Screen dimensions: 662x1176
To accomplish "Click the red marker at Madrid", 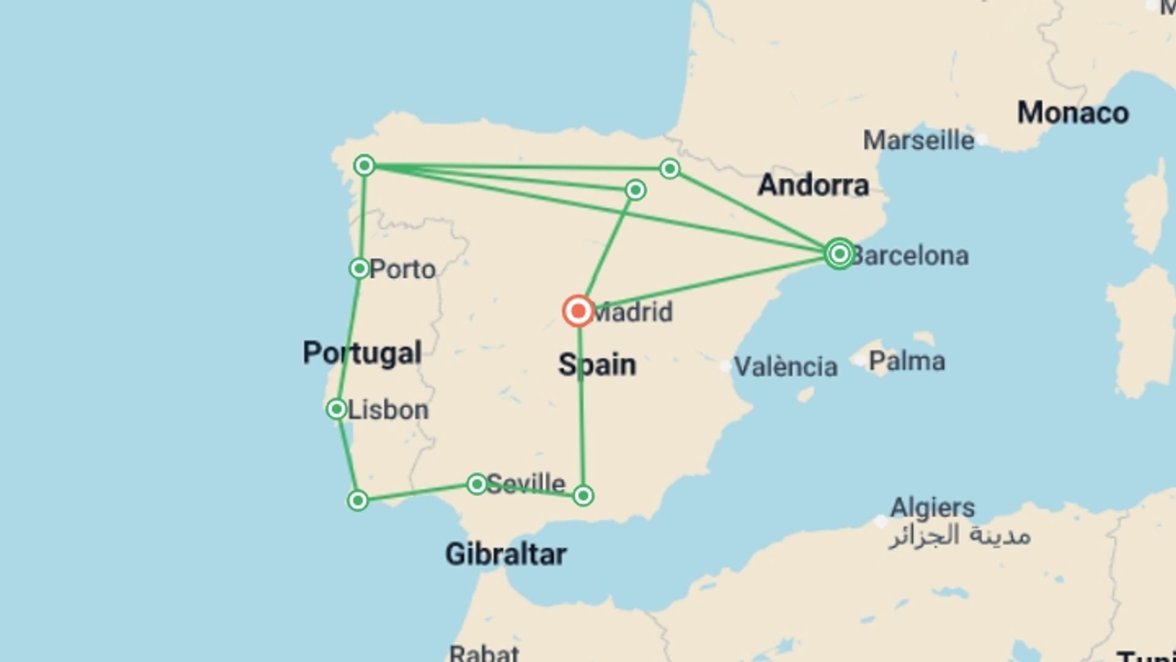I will pyautogui.click(x=578, y=311).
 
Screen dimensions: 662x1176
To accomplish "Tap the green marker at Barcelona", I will pyautogui.click(x=839, y=254).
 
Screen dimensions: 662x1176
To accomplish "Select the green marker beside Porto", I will pyautogui.click(x=360, y=268).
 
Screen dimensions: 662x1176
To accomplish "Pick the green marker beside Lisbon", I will pyautogui.click(x=336, y=409).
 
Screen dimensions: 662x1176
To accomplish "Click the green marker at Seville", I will pyautogui.click(x=477, y=484).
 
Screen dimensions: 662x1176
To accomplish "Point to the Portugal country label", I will pyautogui.click(x=362, y=353).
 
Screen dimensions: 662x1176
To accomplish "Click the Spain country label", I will pyautogui.click(x=597, y=365).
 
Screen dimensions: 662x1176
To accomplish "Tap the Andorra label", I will pyautogui.click(x=813, y=185).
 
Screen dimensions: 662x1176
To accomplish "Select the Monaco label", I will pyautogui.click(x=1072, y=113).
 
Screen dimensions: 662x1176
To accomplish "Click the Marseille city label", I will pyautogui.click(x=918, y=141).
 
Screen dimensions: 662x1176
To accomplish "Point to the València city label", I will pyautogui.click(x=785, y=367).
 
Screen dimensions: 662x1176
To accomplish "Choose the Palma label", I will pyautogui.click(x=907, y=361).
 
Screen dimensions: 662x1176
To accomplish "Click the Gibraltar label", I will pyautogui.click(x=505, y=555).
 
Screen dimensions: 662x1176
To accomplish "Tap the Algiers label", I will pyautogui.click(x=932, y=508).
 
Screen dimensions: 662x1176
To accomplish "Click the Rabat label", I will pyautogui.click(x=484, y=652).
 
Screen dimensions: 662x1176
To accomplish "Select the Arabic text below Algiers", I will pyautogui.click(x=959, y=536).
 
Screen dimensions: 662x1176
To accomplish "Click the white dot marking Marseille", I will pyautogui.click(x=982, y=140).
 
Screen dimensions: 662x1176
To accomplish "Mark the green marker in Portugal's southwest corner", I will pyautogui.click(x=358, y=501).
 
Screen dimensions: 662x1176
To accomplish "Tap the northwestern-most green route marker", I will pyautogui.click(x=364, y=165).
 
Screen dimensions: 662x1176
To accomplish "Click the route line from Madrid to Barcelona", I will pyautogui.click(x=710, y=283).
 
